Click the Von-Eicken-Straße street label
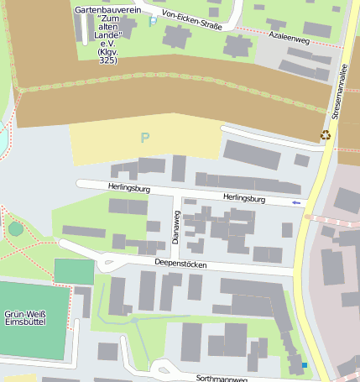click(x=192, y=19)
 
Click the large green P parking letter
click(x=145, y=137)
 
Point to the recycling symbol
click(x=326, y=134)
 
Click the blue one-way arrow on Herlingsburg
click(x=295, y=202)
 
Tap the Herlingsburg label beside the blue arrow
click(x=244, y=199)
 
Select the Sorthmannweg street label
click(x=222, y=379)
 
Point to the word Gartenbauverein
click(x=108, y=9)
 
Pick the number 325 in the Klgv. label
click(x=108, y=60)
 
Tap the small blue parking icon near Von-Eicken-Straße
click(x=153, y=21)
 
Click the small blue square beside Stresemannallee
click(x=304, y=365)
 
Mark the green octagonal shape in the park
click(x=16, y=228)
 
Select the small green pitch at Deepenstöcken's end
click(x=75, y=271)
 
